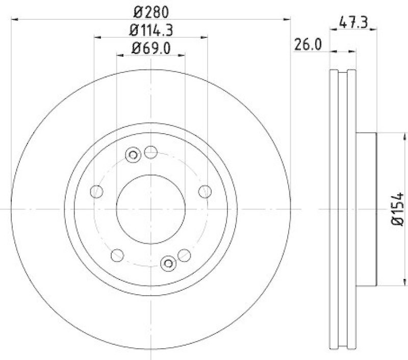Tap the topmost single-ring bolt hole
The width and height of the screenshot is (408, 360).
pyautogui.click(x=150, y=151)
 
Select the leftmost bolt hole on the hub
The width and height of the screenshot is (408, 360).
pyautogui.click(x=96, y=192)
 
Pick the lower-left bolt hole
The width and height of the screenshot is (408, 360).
pyautogui.click(x=117, y=253)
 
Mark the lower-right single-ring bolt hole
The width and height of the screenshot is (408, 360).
pyautogui.click(x=184, y=254)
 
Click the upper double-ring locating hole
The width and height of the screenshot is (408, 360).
pyautogui.click(x=134, y=155)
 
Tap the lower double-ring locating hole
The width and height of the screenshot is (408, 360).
pyautogui.click(x=168, y=263)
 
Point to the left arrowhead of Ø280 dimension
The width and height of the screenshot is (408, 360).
pyautogui.click(x=14, y=19)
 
